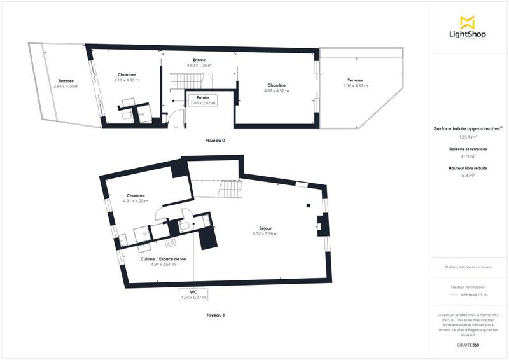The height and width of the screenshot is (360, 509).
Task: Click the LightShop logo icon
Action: pos(468,21)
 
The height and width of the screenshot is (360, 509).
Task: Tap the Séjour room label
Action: pos(265,228)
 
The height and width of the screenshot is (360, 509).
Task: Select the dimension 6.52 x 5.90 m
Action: pos(265,233)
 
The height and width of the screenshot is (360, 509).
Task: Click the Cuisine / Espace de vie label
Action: pos(163,258)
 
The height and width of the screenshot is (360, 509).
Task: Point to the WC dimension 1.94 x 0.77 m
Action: pos(193,297)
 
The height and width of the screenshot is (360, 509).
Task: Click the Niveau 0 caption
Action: pos(216,140)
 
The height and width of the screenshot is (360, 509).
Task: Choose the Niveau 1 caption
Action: pos(216,315)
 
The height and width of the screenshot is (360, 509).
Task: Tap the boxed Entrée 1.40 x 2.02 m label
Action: pos(202,100)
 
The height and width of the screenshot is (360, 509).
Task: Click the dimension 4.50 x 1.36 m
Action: pos(199,65)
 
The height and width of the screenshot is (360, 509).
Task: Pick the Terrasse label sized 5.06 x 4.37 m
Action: pos(356,80)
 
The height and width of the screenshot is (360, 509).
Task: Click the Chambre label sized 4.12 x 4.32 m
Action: pos(127,74)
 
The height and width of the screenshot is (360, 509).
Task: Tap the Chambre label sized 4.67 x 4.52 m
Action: pos(276,85)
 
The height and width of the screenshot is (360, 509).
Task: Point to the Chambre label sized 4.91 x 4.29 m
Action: pos(136,195)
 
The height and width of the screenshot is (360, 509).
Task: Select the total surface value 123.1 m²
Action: pos(468,137)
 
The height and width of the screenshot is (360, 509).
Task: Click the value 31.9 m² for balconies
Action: pos(468,156)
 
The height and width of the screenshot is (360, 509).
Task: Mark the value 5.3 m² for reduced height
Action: pos(468,175)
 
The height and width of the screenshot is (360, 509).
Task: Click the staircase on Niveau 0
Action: pos(186,81)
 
